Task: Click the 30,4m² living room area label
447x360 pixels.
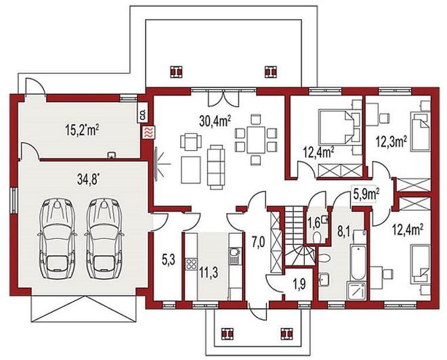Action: pos(215,121)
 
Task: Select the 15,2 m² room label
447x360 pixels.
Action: pos(82,130)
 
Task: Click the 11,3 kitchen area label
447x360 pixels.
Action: pos(209,273)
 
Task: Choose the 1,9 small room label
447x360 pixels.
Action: pos(299,284)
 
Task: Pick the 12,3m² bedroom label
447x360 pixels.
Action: pos(391,141)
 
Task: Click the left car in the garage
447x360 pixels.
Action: pos(57,239)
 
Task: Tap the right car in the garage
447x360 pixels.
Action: pos(104,239)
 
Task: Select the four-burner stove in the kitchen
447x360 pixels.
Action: pos(192,264)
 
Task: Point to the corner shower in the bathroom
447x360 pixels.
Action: pos(357,291)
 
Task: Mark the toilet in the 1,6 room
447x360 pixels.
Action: pos(317,238)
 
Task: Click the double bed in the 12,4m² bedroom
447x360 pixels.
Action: pos(335,127)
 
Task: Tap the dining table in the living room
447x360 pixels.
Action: pos(256,140)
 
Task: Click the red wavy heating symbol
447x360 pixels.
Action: pos(149,133)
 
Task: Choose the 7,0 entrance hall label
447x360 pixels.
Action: pos(258,242)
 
